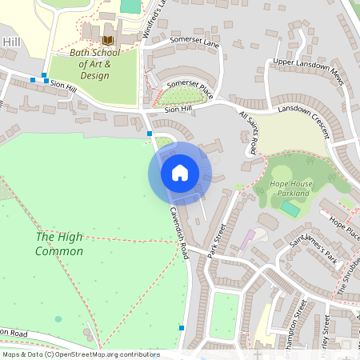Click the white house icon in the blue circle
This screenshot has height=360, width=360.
(179, 172)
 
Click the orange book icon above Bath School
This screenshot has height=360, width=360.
(107, 39)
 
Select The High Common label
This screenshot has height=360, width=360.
(59, 244)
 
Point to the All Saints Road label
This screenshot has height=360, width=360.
(248, 132)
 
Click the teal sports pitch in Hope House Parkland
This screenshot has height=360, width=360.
(290, 209)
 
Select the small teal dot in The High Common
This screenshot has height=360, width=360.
(58, 318)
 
